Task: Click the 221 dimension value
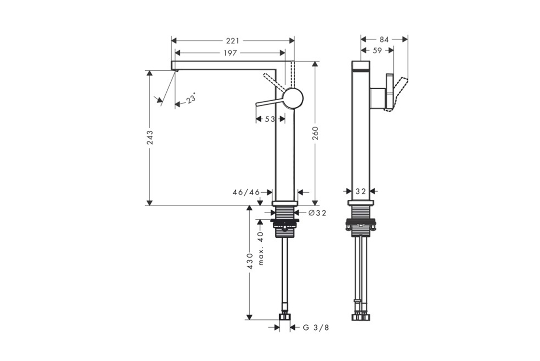point(232,41)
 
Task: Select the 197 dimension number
point(230,53)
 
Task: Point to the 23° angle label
point(191,99)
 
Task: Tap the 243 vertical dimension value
point(150,137)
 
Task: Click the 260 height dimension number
point(315,133)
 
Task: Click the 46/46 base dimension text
point(246,192)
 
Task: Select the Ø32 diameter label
point(317,213)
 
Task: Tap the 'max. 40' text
point(260,248)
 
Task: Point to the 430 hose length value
point(250,261)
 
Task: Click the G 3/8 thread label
point(316,328)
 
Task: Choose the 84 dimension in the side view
point(384,40)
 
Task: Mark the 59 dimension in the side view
point(378,51)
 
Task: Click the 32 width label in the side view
point(361,192)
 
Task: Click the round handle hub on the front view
point(293,98)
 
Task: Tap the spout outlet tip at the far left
point(175,70)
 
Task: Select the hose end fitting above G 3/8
point(284,316)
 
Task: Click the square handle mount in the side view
point(378,99)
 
